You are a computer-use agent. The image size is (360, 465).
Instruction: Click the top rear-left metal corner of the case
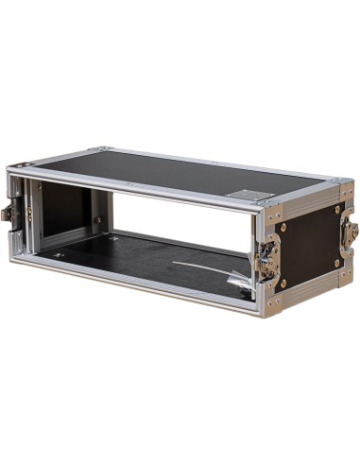tap(100, 148)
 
